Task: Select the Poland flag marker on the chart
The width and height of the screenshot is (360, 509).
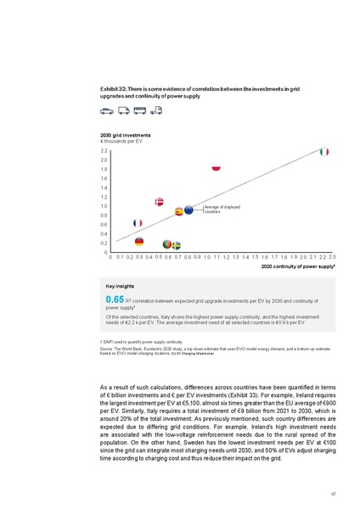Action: [216, 168]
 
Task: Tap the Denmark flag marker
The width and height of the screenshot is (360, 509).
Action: [159, 201]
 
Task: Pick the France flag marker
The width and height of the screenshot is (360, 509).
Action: [138, 222]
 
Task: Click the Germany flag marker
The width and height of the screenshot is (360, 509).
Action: [151, 242]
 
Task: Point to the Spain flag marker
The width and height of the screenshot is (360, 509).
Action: [179, 211]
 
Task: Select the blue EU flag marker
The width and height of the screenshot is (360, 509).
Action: [188, 210]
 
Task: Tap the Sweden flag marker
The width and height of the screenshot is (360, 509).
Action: [176, 245]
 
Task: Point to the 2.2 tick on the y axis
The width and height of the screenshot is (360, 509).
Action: [104, 150]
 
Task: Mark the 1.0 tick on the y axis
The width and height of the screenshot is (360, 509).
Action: [104, 205]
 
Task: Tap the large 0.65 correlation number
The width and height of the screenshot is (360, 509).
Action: [115, 300]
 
